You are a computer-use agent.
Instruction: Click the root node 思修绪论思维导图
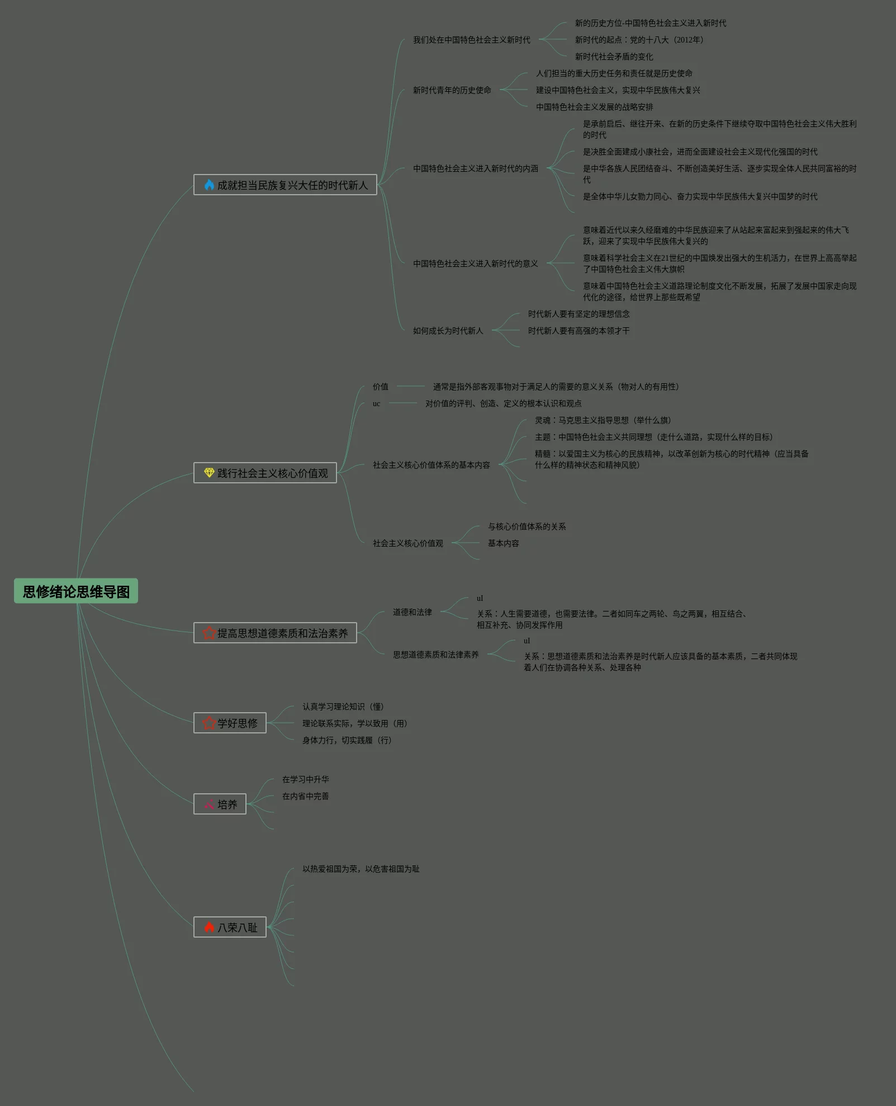coord(76,591)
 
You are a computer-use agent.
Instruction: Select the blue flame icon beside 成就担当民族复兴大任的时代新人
coord(209,185)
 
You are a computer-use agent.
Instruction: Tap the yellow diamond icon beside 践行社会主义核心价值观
coord(209,473)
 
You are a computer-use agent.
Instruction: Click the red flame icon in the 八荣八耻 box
coord(209,927)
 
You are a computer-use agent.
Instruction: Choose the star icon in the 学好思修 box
coord(209,723)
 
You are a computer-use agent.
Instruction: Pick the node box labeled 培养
coord(220,804)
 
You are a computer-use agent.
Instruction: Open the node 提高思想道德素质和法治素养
coord(275,633)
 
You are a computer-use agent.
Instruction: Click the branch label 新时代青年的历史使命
coord(452,90)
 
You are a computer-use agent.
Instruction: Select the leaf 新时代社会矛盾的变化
coord(614,57)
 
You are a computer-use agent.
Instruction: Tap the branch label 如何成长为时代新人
coord(448,331)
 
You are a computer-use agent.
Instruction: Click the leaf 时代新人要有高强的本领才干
coord(579,331)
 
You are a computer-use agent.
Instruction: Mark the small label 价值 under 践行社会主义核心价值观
coord(380,387)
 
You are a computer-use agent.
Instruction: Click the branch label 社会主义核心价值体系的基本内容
coord(431,465)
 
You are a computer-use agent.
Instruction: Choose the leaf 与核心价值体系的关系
coord(527,526)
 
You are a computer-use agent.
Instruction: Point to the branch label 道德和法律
coord(412,612)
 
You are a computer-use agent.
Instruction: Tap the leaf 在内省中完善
coord(305,796)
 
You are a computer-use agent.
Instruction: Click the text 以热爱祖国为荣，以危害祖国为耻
coord(361,869)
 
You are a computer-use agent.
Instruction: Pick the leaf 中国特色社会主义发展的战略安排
coord(594,107)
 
